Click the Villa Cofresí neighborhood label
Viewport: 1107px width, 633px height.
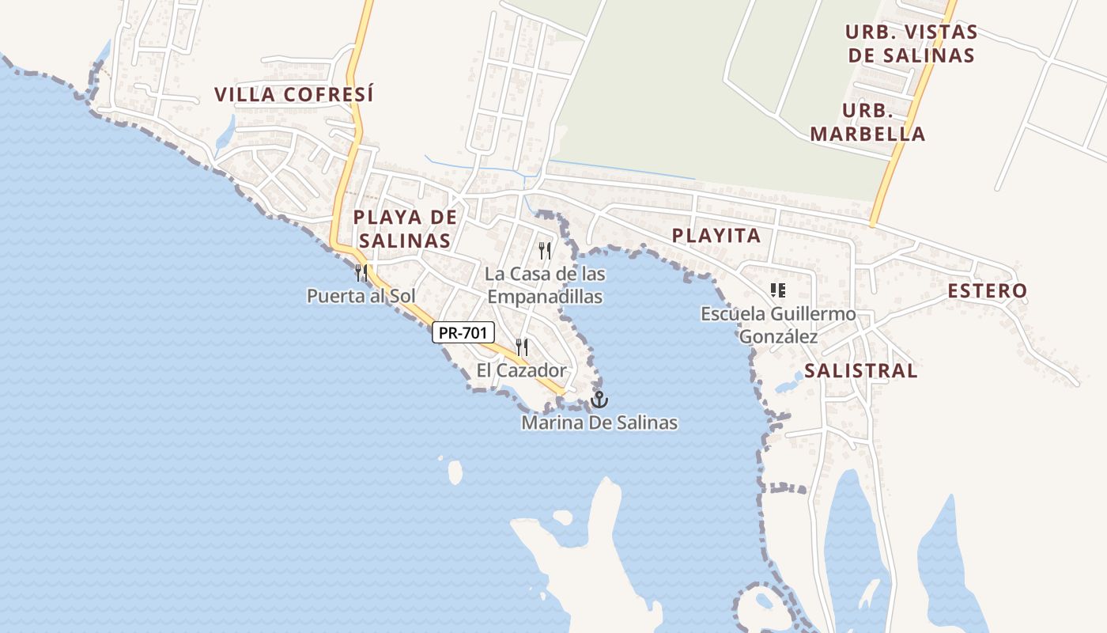pyautogui.click(x=293, y=94)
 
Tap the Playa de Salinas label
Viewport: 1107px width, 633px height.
pyautogui.click(x=405, y=229)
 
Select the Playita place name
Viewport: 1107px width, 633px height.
pyautogui.click(x=716, y=235)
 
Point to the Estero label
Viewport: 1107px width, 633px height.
pyautogui.click(x=988, y=290)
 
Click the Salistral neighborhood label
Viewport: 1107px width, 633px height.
pyautogui.click(x=861, y=370)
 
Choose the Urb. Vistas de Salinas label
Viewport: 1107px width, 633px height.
pyautogui.click(x=911, y=44)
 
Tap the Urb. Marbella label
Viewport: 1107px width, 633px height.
pyautogui.click(x=867, y=122)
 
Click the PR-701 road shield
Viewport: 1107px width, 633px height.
pyautogui.click(x=463, y=332)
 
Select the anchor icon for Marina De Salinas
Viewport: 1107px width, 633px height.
pyautogui.click(x=599, y=400)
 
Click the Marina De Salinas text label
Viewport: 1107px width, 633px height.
pyautogui.click(x=599, y=423)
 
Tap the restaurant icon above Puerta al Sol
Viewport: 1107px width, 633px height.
pyautogui.click(x=361, y=273)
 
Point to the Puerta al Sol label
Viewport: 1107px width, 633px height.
pyautogui.click(x=361, y=296)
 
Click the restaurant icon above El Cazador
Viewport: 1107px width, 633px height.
pyautogui.click(x=522, y=347)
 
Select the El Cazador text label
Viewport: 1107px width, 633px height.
pyautogui.click(x=522, y=370)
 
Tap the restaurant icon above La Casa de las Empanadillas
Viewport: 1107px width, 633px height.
pyautogui.click(x=545, y=251)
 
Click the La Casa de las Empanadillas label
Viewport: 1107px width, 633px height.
pyautogui.click(x=545, y=286)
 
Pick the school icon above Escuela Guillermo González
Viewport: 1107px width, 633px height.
pyautogui.click(x=778, y=290)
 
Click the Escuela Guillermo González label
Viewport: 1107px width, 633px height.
pyautogui.click(x=778, y=325)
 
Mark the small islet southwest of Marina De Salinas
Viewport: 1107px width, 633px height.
pyautogui.click(x=455, y=472)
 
